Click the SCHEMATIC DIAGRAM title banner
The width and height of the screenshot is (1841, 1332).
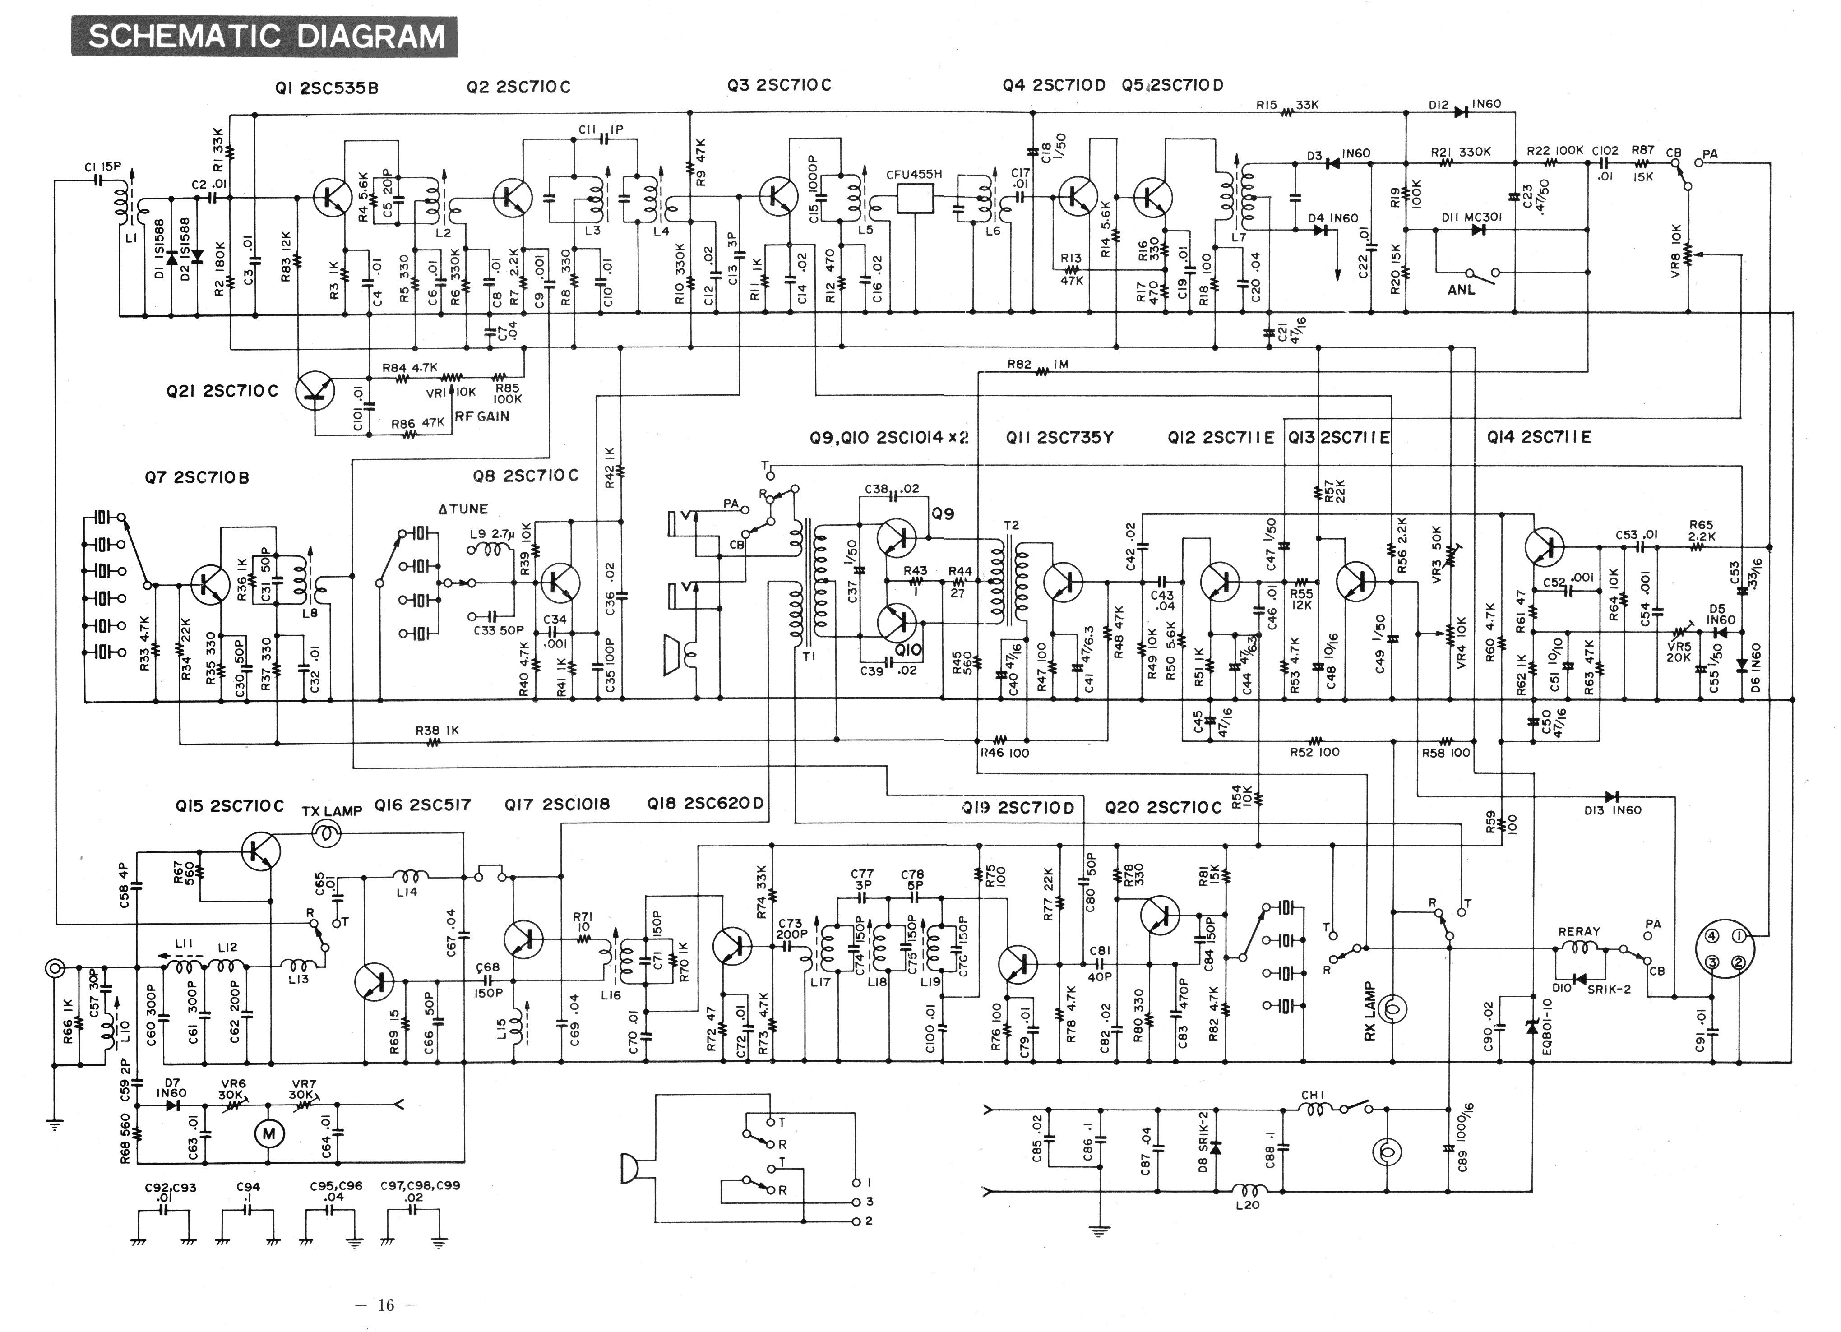(x=264, y=37)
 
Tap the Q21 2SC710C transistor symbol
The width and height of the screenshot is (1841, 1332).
(x=315, y=390)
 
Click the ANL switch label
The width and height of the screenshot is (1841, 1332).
(x=1461, y=289)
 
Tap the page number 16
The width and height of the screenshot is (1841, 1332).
(x=385, y=1305)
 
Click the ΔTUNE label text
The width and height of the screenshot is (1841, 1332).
(x=463, y=509)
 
